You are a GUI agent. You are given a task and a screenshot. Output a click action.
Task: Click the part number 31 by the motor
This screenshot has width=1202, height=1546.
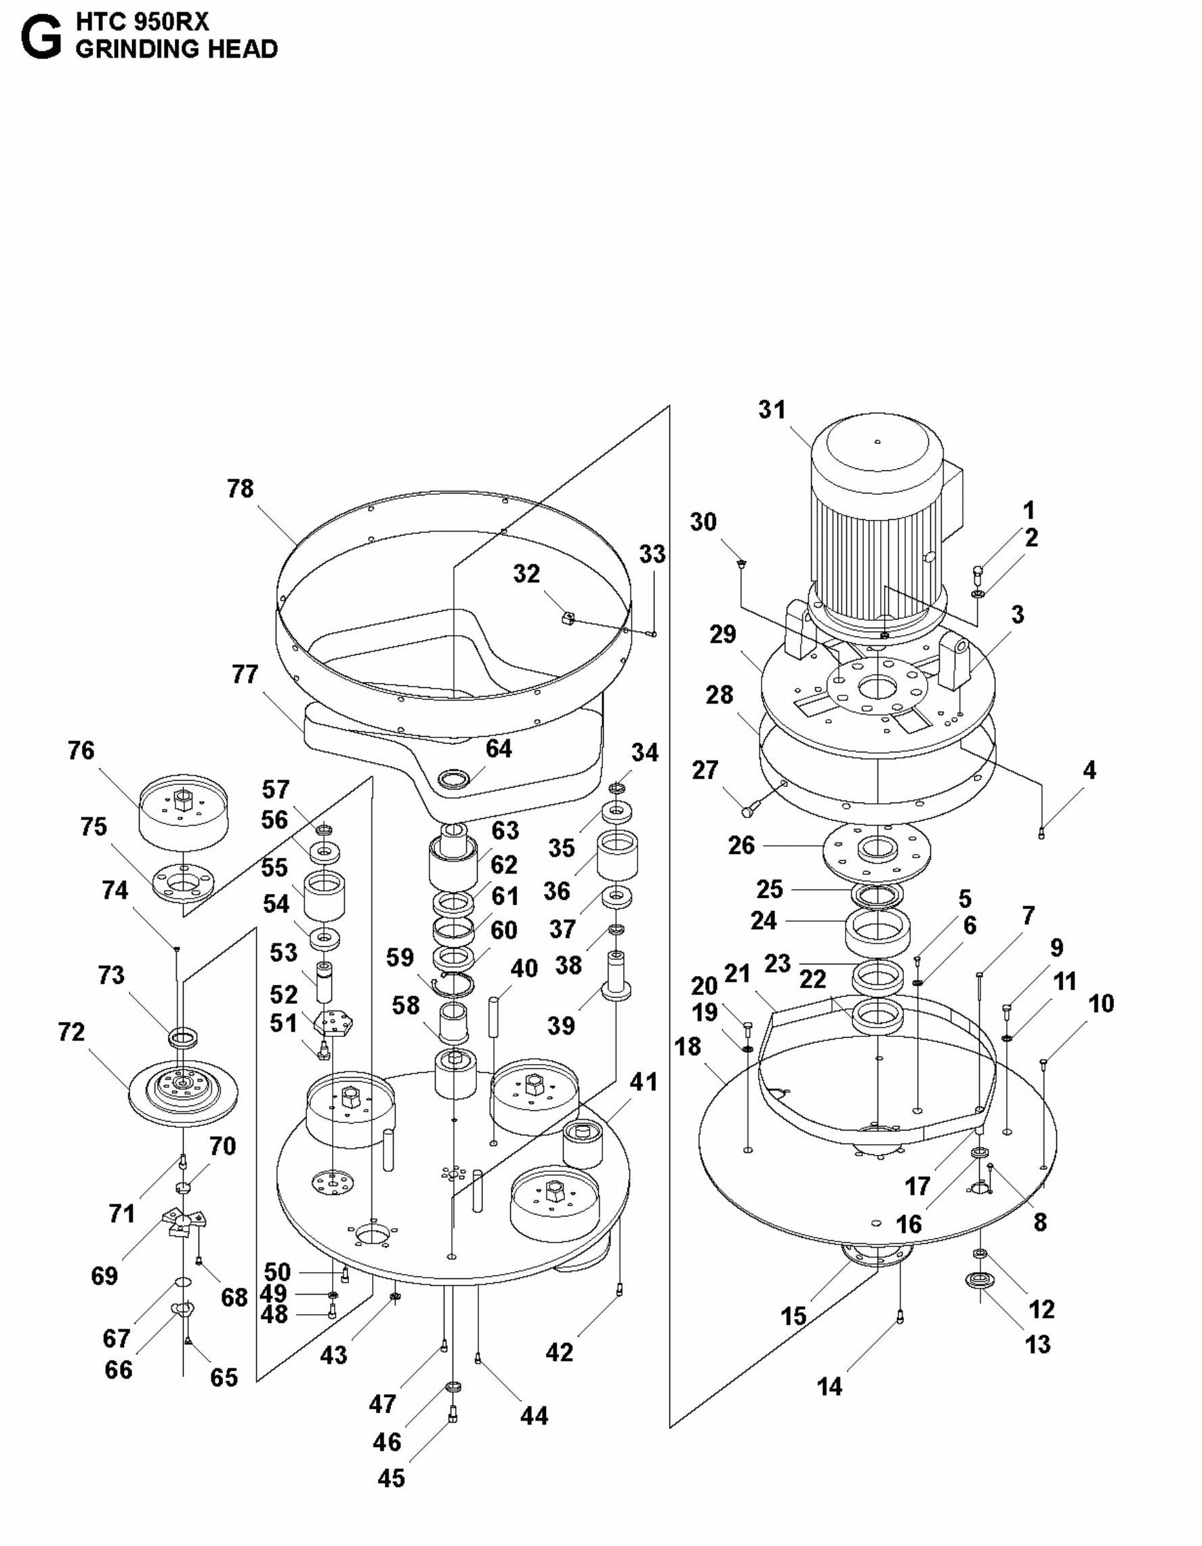pos(772,410)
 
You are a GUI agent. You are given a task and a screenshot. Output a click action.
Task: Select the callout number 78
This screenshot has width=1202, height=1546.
pos(241,489)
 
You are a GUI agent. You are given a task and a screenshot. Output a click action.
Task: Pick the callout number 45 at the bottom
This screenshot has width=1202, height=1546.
pos(391,1478)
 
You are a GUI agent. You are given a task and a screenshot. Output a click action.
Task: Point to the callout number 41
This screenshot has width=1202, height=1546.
pos(643,1082)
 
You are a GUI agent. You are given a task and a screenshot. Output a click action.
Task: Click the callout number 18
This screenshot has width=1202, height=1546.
pos(688,1046)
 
